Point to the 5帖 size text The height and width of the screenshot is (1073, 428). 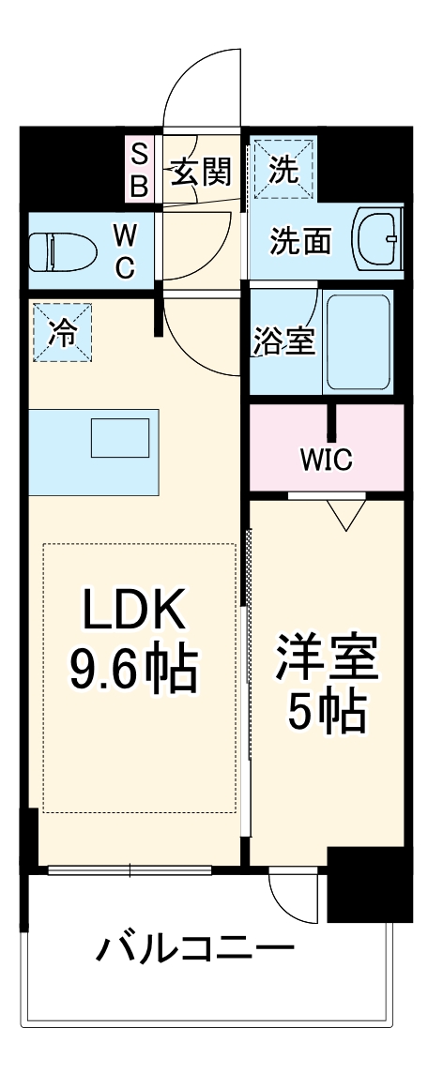pyautogui.click(x=326, y=714)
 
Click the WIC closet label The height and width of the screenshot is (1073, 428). pyautogui.click(x=326, y=460)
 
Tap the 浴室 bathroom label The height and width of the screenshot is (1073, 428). pyautogui.click(x=283, y=341)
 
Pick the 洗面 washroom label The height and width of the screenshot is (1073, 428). pyautogui.click(x=300, y=241)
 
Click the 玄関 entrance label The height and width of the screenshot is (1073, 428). pyautogui.click(x=201, y=173)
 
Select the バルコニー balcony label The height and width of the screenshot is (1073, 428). pyautogui.click(x=194, y=950)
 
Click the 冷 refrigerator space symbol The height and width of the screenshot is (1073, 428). pyautogui.click(x=63, y=333)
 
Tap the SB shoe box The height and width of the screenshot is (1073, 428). pyautogui.click(x=139, y=170)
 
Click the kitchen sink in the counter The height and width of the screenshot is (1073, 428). pyautogui.click(x=120, y=438)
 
